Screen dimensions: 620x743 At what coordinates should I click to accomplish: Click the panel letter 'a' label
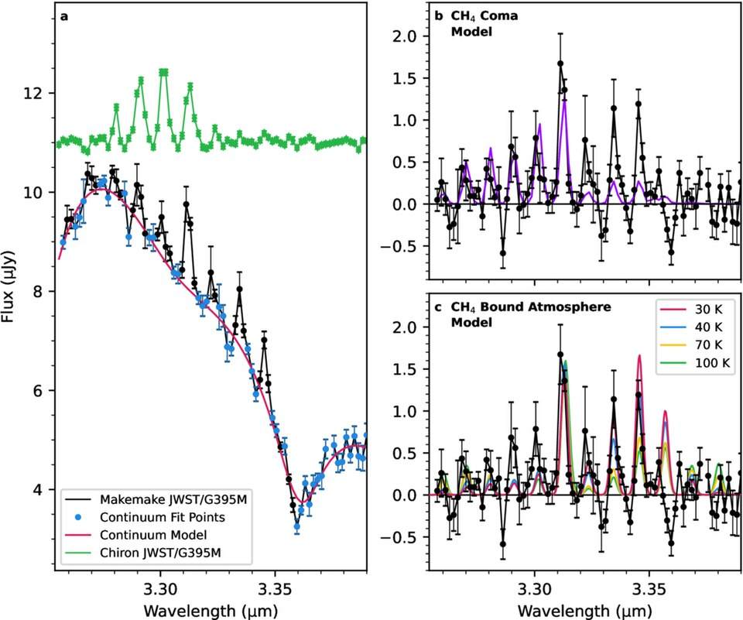click(65, 16)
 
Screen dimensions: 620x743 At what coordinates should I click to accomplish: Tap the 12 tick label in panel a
click(36, 94)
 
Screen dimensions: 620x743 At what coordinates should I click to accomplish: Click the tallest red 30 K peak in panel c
click(639, 356)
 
